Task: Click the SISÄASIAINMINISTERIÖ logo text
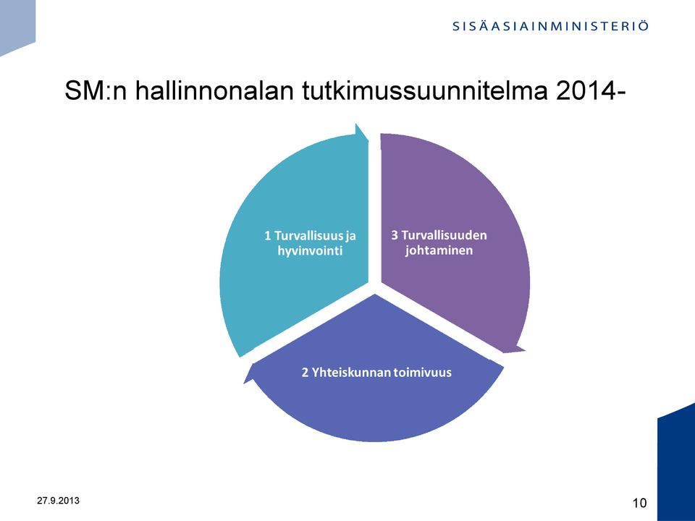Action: pos(550,26)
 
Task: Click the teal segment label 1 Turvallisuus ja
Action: pos(310,236)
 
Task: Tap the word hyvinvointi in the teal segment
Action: pos(310,251)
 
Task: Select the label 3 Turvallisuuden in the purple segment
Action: pos(439,234)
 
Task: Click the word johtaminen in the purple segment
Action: pos(439,250)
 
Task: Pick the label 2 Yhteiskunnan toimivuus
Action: pos(376,372)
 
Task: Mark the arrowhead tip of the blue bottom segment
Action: pos(244,382)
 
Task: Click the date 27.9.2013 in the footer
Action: pos(58,501)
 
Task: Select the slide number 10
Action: pos(639,504)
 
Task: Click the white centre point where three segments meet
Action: pos(375,288)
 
